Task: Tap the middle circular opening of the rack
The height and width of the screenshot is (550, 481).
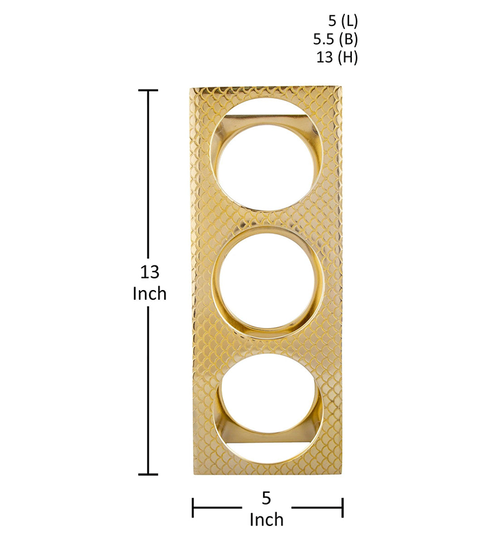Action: (267, 282)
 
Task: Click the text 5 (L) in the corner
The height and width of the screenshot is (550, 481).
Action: (343, 21)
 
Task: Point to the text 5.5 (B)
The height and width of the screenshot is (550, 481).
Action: (335, 39)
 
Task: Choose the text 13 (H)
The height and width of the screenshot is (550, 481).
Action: (337, 58)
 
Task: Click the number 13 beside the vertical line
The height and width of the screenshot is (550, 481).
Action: (149, 272)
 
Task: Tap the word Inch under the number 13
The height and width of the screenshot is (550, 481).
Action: (149, 294)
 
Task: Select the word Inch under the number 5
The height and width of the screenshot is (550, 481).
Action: (267, 519)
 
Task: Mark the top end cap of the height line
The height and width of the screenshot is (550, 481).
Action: (148, 90)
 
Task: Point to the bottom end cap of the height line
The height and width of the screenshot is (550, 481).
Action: (148, 474)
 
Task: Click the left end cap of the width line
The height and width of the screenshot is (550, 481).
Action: (193, 509)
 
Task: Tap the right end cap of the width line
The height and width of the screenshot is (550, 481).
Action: (342, 509)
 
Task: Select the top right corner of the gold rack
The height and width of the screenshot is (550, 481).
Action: (342, 88)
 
